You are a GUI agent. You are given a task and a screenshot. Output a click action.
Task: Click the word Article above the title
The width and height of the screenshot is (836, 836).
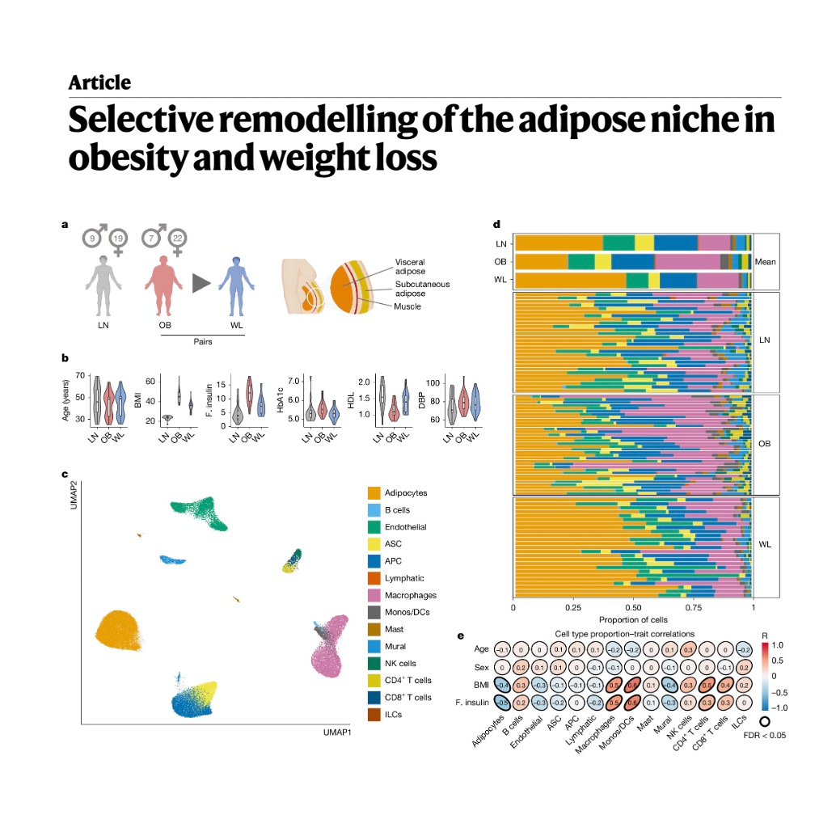point(99,82)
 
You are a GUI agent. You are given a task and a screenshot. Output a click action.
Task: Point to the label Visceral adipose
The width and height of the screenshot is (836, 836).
point(410,267)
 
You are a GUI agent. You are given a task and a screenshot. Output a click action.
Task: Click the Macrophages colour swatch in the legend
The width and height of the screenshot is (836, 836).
point(374,595)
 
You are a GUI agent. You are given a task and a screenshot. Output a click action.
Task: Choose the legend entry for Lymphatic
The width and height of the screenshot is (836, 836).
point(404,578)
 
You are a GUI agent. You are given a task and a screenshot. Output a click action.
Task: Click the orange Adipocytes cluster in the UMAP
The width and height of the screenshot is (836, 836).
point(120,638)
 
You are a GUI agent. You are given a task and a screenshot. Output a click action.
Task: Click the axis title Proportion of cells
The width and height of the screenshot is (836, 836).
point(633,619)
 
